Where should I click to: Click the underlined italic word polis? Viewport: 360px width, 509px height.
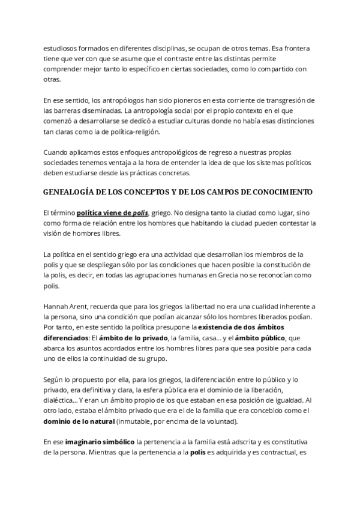(139, 212)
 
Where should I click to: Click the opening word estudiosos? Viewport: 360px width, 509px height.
(61, 47)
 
